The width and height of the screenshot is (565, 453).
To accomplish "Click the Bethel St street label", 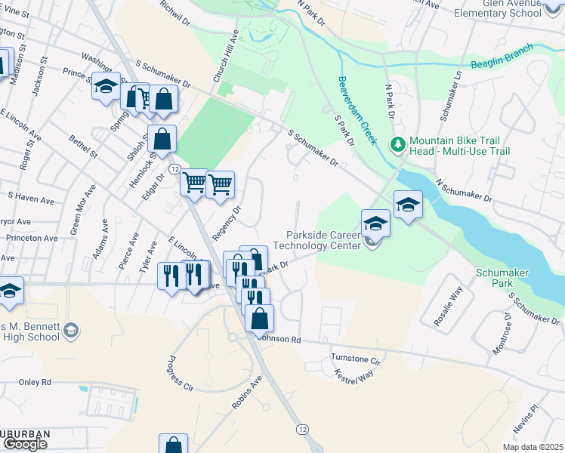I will point(83,146).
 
